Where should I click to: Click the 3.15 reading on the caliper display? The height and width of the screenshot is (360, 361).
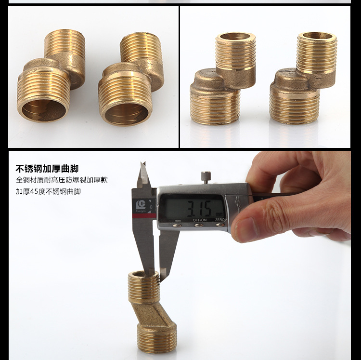[199, 209]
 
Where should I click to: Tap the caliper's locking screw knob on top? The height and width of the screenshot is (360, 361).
[206, 177]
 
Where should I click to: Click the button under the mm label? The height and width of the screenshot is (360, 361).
[177, 225]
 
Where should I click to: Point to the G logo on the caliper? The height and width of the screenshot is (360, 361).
[141, 204]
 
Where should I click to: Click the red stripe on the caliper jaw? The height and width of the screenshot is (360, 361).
[144, 216]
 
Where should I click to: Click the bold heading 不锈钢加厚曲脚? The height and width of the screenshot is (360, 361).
[47, 169]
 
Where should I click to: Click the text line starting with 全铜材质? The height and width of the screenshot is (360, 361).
[62, 180]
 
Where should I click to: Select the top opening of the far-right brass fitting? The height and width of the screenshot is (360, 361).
[317, 36]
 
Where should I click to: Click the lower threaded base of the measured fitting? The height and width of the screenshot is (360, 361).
[157, 339]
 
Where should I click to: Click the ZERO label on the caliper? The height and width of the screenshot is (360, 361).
[219, 220]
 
